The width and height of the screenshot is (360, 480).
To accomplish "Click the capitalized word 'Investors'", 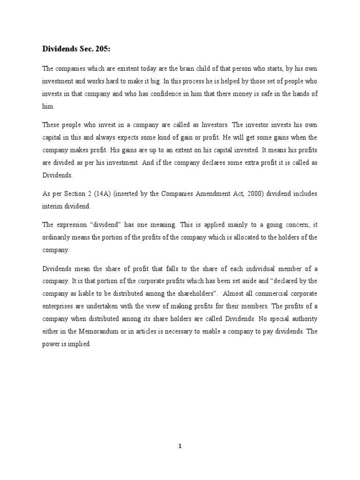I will click(213, 126).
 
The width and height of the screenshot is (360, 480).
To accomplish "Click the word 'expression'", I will click(75, 225).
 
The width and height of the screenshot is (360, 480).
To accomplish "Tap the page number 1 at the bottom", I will click(180, 446).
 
